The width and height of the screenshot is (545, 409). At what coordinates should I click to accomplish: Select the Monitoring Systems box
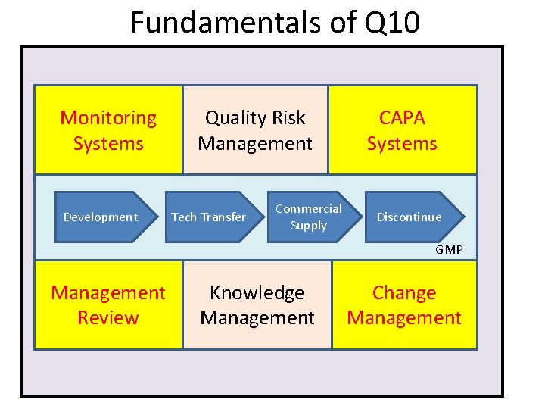108,130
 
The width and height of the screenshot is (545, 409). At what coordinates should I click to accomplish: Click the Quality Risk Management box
255,130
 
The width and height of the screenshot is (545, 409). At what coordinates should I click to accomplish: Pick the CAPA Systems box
402,130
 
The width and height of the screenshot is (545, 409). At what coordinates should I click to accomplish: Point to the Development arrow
101,217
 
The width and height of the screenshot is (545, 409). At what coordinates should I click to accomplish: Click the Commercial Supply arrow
308,217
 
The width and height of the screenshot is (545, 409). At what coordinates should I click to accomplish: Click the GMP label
449,250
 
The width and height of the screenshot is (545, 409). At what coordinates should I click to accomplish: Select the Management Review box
108,304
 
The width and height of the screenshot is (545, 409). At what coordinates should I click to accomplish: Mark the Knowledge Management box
257,304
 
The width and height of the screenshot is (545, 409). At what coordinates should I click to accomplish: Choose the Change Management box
404,304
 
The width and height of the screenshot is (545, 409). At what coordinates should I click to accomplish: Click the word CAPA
402,118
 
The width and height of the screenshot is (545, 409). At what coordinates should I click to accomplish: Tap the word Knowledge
257,292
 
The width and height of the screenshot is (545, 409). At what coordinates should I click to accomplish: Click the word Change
404,292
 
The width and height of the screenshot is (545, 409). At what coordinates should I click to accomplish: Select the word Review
108,317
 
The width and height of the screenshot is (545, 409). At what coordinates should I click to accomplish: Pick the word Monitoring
108,118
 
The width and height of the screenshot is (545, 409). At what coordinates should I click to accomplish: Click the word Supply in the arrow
309,226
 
